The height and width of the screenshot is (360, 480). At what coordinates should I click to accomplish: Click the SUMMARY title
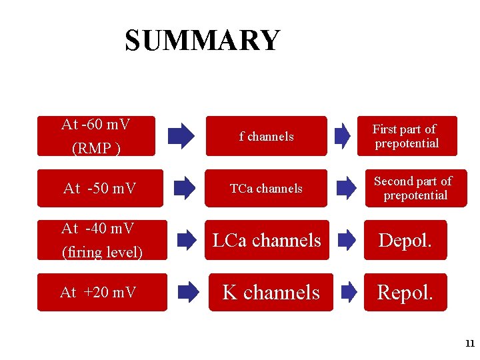pyautogui.click(x=203, y=41)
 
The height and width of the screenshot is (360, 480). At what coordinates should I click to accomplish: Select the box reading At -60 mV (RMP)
pyautogui.click(x=96, y=136)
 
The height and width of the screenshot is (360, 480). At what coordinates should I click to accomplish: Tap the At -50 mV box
pyautogui.click(x=100, y=189)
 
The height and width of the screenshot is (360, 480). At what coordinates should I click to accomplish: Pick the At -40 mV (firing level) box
pyautogui.click(x=102, y=240)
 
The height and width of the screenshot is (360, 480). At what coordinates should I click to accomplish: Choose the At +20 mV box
pyautogui.click(x=100, y=292)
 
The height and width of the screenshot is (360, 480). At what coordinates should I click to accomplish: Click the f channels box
pyautogui.click(x=266, y=137)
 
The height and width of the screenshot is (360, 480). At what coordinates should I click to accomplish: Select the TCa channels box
pyautogui.click(x=266, y=189)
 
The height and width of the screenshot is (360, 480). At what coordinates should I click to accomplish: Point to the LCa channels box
pyautogui.click(x=267, y=240)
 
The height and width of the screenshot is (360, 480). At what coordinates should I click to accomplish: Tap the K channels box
pyautogui.click(x=271, y=292)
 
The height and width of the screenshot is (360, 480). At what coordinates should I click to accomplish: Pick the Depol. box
pyautogui.click(x=405, y=240)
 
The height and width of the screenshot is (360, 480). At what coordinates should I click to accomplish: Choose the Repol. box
pyautogui.click(x=405, y=292)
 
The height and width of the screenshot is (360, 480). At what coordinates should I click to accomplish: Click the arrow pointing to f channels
pyautogui.click(x=181, y=135)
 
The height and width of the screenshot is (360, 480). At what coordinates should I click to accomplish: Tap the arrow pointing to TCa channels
pyautogui.click(x=181, y=188)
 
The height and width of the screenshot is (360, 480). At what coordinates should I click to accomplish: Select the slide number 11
pyautogui.click(x=469, y=344)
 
